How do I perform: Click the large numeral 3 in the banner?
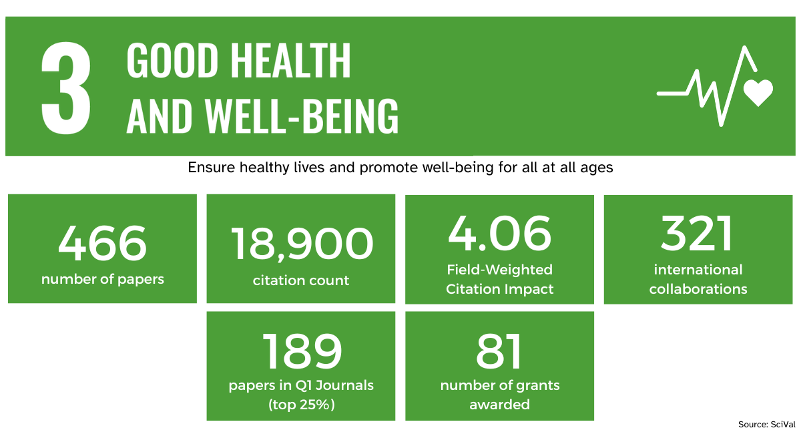click(x=66, y=89)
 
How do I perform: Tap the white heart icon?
click(x=758, y=92)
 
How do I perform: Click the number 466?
click(x=102, y=244)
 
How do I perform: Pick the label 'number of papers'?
click(x=102, y=279)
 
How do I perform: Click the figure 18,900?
click(x=301, y=244)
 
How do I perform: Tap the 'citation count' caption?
click(x=301, y=280)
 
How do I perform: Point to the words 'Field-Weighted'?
click(x=499, y=270)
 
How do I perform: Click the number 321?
click(x=698, y=234)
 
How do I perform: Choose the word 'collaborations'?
click(x=698, y=289)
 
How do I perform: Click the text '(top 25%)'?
click(x=301, y=405)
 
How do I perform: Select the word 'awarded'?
click(x=499, y=405)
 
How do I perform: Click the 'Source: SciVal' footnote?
click(x=766, y=425)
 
